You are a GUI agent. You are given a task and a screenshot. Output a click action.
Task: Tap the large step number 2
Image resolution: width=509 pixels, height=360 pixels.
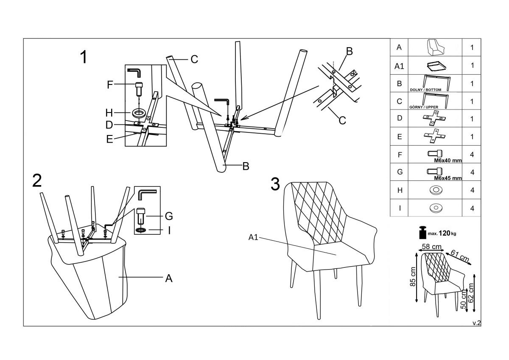[37, 180]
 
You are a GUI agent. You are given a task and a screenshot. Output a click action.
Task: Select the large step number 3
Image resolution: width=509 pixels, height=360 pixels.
[275, 184]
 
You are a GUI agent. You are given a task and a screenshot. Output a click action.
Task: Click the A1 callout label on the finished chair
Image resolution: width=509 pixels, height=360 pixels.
[253, 237]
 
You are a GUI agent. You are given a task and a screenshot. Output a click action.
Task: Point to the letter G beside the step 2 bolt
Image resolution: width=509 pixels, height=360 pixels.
[168, 216]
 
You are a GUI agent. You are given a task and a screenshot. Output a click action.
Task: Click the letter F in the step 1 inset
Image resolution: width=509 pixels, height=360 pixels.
[110, 84]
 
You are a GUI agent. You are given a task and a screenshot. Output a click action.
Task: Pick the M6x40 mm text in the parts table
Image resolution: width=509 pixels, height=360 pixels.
[448, 161]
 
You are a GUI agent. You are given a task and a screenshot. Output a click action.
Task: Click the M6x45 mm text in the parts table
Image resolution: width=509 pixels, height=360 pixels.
[448, 178]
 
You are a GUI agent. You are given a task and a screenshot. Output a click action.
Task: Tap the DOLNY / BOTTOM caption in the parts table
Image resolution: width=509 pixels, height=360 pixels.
[428, 90]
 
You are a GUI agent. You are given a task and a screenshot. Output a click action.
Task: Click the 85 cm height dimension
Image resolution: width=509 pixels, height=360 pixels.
[413, 276]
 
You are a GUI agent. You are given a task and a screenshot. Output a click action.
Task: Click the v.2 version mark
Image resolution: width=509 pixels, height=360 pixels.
[477, 323]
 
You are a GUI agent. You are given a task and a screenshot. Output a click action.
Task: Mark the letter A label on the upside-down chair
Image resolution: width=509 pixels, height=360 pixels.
[168, 278]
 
